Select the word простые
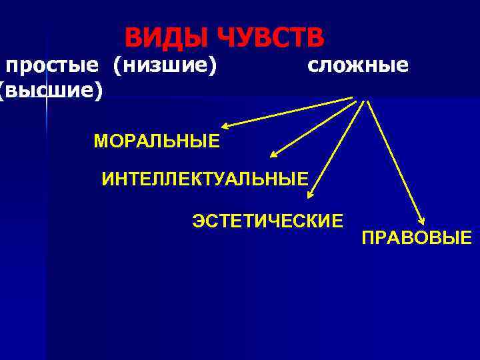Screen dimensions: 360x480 [53, 66]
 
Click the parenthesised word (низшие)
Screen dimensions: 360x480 [165, 66]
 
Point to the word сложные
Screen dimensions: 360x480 [358, 65]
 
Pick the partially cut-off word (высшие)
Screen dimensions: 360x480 [51, 90]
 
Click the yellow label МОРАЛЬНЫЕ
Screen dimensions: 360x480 [157, 141]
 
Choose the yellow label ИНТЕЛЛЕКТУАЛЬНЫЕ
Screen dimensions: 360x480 [205, 179]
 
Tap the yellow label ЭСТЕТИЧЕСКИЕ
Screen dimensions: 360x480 [268, 220]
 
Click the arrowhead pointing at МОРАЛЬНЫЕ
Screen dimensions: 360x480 [227, 125]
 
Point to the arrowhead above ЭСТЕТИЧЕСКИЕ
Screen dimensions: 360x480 [310, 195]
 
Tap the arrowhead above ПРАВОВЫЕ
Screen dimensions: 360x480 [421, 222]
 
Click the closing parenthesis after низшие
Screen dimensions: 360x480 [214, 66]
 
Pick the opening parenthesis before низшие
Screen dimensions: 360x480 [117, 66]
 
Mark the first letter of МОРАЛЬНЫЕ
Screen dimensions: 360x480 [101, 141]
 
